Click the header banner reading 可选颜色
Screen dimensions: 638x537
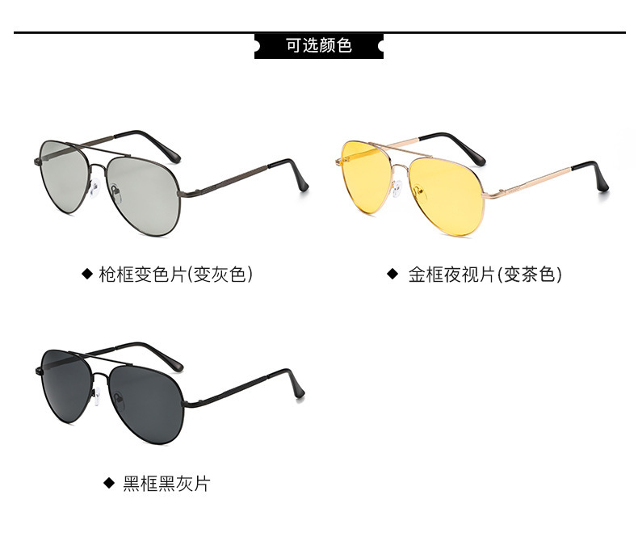(319, 45)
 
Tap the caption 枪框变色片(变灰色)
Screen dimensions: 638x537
(176, 275)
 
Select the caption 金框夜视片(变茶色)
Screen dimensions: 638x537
(485, 275)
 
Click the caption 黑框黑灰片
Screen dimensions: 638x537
(166, 484)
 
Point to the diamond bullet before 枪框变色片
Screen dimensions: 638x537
(87, 275)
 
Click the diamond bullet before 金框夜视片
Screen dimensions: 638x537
(392, 275)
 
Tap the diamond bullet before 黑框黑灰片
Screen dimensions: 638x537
(109, 484)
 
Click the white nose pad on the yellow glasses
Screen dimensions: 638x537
(396, 189)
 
